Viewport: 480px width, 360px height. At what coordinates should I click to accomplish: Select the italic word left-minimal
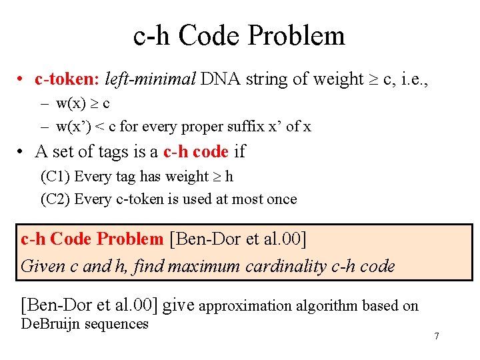click(x=150, y=79)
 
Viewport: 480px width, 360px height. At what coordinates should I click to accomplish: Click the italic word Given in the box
click(x=43, y=267)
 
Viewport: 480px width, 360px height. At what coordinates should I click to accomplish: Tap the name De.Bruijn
click(x=51, y=324)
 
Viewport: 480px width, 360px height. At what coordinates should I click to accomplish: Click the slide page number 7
click(x=437, y=336)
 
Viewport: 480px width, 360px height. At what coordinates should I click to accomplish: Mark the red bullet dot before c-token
click(x=22, y=80)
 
